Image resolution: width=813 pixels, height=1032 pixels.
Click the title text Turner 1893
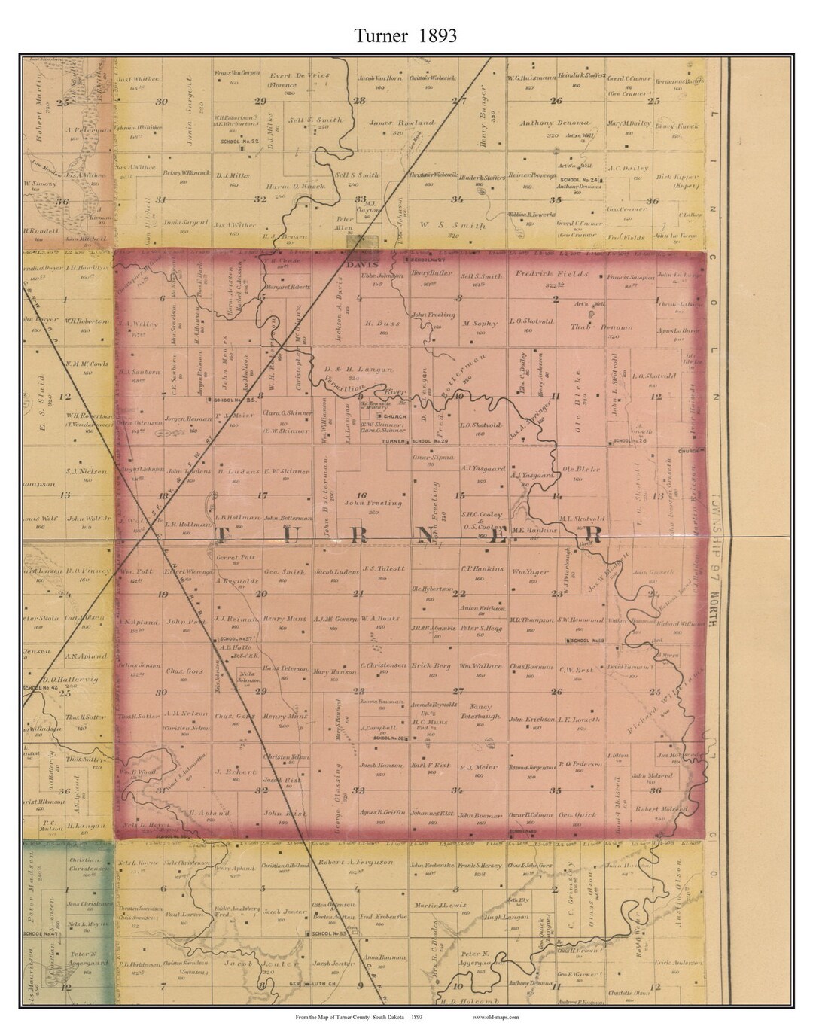406,35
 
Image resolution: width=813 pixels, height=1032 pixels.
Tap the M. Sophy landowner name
480,324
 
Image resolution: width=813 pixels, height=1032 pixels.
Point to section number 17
261,495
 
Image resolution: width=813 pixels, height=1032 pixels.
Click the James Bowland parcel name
391,122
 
